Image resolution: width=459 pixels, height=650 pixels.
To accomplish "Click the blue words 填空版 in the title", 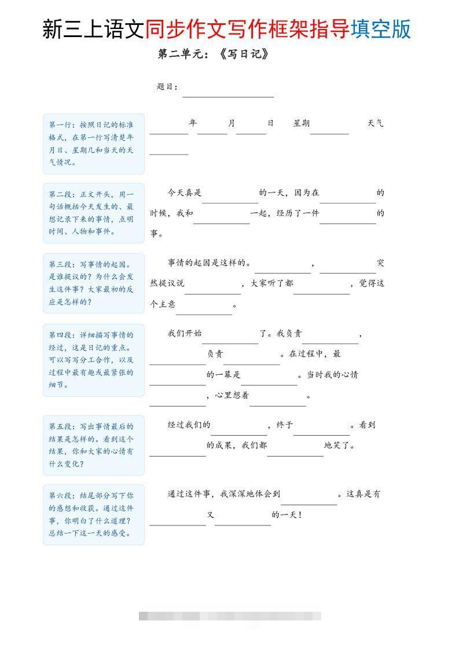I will coord(381,28).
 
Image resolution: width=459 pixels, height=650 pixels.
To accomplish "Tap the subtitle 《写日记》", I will coord(244,54).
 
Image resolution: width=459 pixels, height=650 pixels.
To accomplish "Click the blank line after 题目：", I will coord(228,93).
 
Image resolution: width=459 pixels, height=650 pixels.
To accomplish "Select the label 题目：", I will coord(167,87).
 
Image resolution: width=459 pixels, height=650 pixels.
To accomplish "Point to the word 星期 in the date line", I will coord(302,123).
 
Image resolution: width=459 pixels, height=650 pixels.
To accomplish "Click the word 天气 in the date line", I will coord(375,123).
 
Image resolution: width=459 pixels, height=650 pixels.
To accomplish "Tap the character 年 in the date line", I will coord(193,123).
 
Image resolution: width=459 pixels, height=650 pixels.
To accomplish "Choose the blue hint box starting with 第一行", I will coord(93,144).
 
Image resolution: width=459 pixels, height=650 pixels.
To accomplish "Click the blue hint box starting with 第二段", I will coord(93,213).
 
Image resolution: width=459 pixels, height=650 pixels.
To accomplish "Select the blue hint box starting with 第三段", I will coord(93,283).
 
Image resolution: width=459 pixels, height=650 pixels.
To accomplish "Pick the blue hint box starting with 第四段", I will coord(93,360).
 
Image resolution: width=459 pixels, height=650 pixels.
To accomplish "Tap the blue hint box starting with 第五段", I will coord(93,445).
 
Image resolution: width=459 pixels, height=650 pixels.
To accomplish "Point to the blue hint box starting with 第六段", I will coord(93,514).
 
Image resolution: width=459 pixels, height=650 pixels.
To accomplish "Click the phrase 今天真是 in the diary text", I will coord(185,193).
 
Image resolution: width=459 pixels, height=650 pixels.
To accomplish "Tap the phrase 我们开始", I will coord(185,333).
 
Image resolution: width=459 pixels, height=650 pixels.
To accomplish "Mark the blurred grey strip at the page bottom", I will coord(230,616).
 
